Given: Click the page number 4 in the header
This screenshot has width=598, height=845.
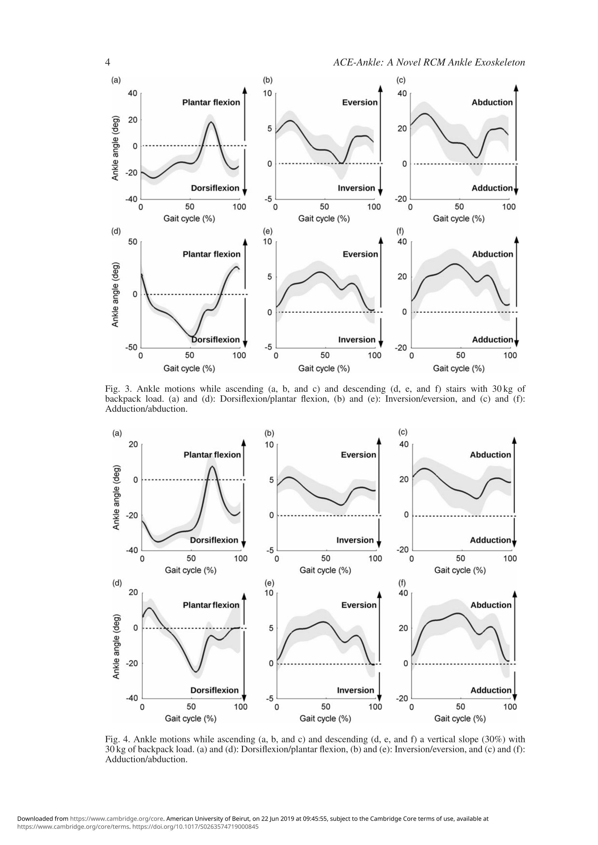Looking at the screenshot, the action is tap(107, 63).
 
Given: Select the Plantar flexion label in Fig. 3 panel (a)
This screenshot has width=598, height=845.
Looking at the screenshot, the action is tap(211, 102).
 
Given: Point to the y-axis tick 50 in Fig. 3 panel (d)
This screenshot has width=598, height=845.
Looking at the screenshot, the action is tap(133, 242).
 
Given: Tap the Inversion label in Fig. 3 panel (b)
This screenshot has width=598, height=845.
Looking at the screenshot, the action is tap(356, 188).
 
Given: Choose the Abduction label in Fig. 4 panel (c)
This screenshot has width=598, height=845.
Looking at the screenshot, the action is tap(491, 455).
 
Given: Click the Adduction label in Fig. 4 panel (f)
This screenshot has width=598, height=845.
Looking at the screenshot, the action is tap(491, 690).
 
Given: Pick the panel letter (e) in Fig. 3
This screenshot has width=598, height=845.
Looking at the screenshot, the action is tap(267, 231).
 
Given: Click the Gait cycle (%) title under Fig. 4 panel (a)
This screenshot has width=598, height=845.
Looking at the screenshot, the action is tap(190, 570).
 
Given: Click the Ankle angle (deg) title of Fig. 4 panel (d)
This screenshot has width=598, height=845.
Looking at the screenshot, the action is tap(116, 647).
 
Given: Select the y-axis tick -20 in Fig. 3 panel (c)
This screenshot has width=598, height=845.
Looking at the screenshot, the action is tap(401, 199).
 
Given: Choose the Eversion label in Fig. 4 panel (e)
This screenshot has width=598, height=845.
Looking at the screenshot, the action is tap(359, 605).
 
